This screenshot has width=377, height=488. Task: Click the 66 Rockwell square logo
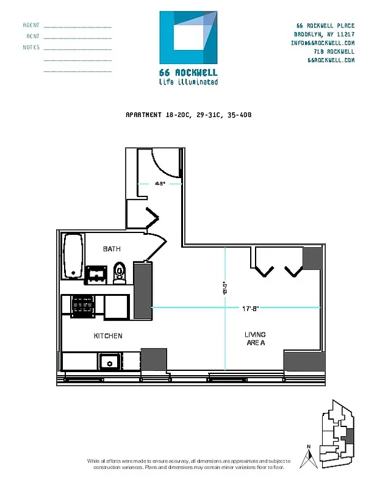188,37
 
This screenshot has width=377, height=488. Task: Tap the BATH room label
112,249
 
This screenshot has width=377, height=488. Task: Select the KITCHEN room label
108,336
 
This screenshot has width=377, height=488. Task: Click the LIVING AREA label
255,339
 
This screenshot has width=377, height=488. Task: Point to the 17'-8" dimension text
251,308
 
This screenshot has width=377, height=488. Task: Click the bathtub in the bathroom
73,256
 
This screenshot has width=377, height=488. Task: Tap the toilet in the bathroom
120,273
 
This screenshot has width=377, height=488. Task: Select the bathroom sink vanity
96,274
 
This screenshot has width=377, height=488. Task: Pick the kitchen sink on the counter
110,362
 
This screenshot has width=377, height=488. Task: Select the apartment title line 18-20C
188,115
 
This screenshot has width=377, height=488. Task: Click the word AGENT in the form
31,26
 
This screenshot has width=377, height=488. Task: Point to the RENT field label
33,37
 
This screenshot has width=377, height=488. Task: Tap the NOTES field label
31,48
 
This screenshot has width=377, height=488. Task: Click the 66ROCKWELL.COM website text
331,60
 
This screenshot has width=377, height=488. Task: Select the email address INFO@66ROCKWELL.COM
323,43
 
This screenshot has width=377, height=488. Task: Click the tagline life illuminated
188,82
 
